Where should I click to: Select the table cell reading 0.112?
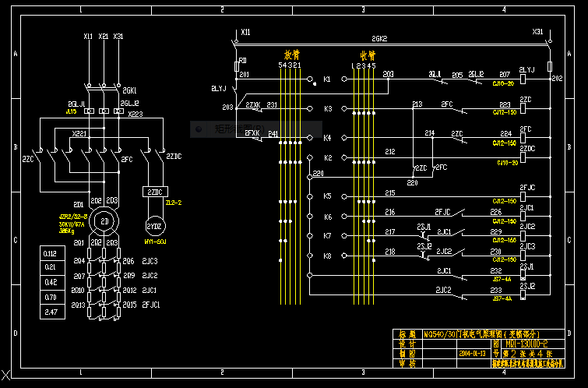pyautogui.click(x=51, y=253)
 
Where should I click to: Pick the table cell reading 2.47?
pyautogui.click(x=51, y=312)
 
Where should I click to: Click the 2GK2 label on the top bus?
pyautogui.click(x=379, y=38)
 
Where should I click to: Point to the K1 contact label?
pyautogui.click(x=327, y=79)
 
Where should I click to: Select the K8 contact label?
pyautogui.click(x=327, y=256)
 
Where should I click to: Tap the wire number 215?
pyautogui.click(x=389, y=192)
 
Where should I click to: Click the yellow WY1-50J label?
pyautogui.click(x=156, y=242)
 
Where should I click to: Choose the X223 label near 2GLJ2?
pyautogui.click(x=136, y=115)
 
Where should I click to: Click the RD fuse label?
pyautogui.click(x=242, y=60)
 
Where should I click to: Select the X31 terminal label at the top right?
pyautogui.click(x=537, y=32)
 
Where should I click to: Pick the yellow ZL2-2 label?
pyautogui.click(x=174, y=203)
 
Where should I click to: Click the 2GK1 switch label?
pyautogui.click(x=129, y=90)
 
